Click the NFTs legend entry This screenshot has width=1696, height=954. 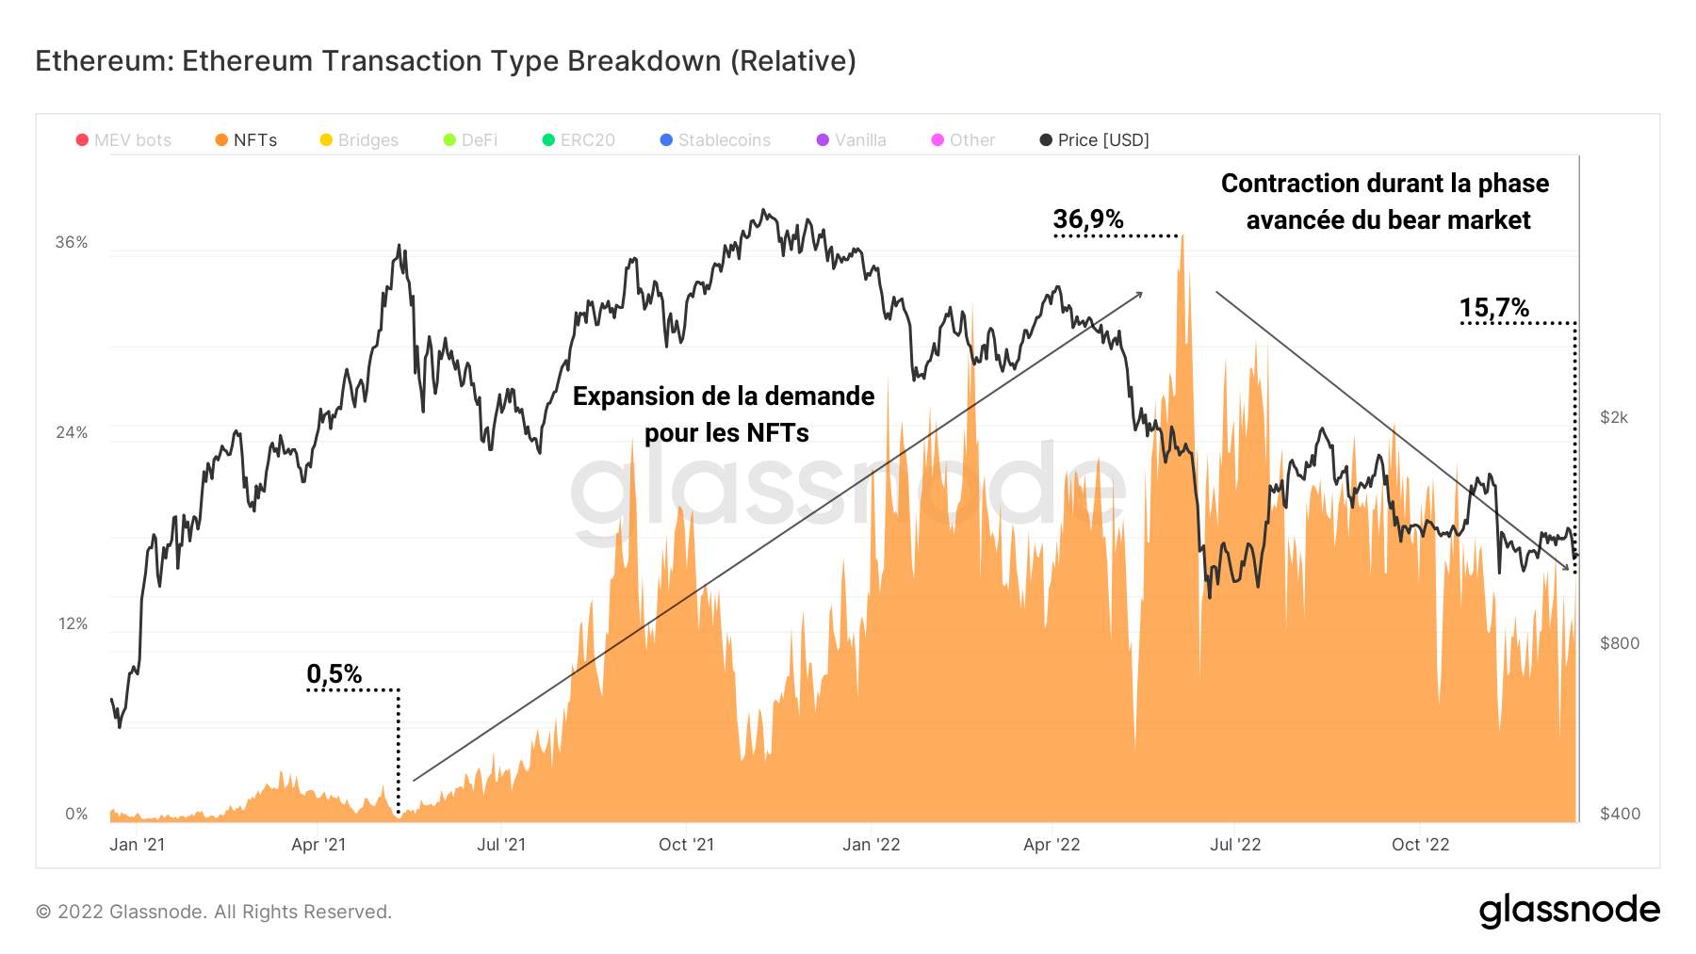pyautogui.click(x=246, y=140)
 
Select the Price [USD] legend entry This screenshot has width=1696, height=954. pyautogui.click(x=1094, y=140)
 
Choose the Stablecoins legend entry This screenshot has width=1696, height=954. pyautogui.click(x=715, y=140)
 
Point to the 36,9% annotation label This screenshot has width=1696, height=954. pyautogui.click(x=1088, y=219)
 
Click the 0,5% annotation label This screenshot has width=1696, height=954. pyautogui.click(x=334, y=674)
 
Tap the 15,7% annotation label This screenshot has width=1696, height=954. pyautogui.click(x=1494, y=308)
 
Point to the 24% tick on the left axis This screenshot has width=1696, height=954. pyautogui.click(x=72, y=433)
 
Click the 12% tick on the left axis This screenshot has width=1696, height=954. pyautogui.click(x=73, y=624)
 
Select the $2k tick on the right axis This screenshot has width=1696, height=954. pyautogui.click(x=1614, y=417)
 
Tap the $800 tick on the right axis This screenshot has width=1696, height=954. pyautogui.click(x=1620, y=643)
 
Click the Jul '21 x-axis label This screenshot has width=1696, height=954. pyautogui.click(x=501, y=845)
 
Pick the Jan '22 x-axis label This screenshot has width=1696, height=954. pyautogui.click(x=872, y=845)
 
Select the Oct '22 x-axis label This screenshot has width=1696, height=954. pyautogui.click(x=1421, y=845)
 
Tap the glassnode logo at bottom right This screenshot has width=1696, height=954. pyautogui.click(x=1569, y=911)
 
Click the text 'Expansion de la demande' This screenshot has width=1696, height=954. pyautogui.click(x=724, y=396)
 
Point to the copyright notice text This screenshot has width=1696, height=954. pyautogui.click(x=214, y=912)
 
